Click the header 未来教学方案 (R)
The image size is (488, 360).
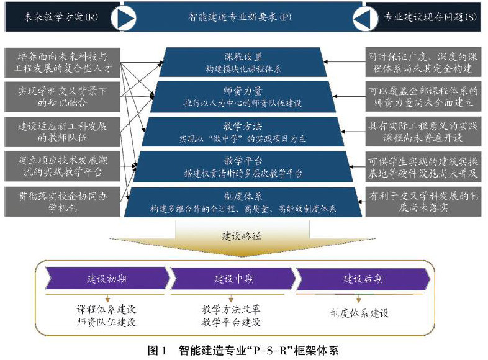click(56, 17)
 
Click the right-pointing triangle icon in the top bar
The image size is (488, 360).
click(123, 18)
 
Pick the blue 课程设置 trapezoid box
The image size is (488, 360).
click(243, 61)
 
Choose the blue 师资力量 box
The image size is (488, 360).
click(243, 96)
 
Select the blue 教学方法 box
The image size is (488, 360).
click(243, 131)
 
